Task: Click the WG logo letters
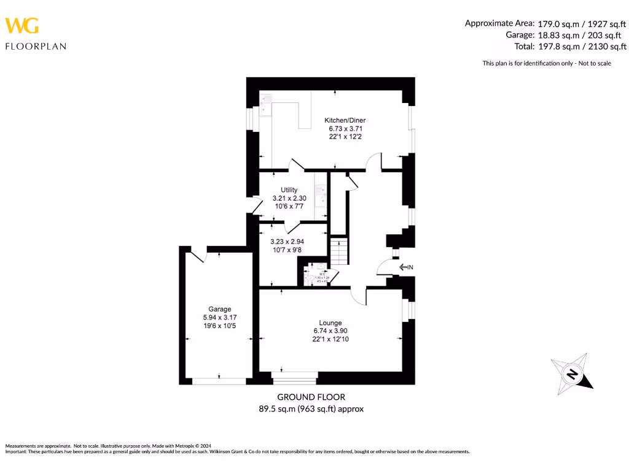point(22,25)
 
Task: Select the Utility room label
point(289,190)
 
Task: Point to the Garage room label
point(219,309)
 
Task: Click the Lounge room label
point(330,323)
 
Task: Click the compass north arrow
point(572,374)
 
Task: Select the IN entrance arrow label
point(407,267)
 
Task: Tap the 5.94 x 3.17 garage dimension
point(219,318)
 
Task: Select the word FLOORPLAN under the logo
point(36,46)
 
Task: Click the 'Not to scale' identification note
point(547,63)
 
